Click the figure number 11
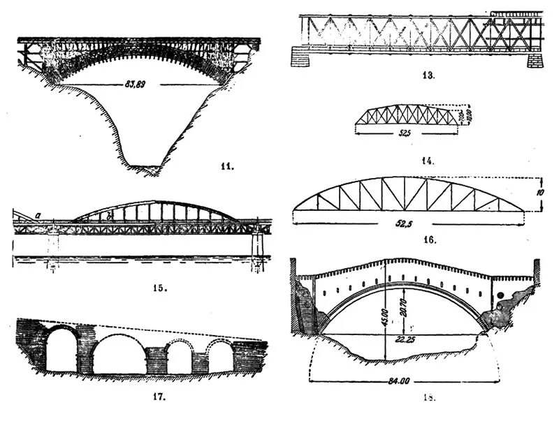226,167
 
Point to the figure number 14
428,161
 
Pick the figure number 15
160,286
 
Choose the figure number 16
428,239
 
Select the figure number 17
158,397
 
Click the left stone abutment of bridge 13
304,57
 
